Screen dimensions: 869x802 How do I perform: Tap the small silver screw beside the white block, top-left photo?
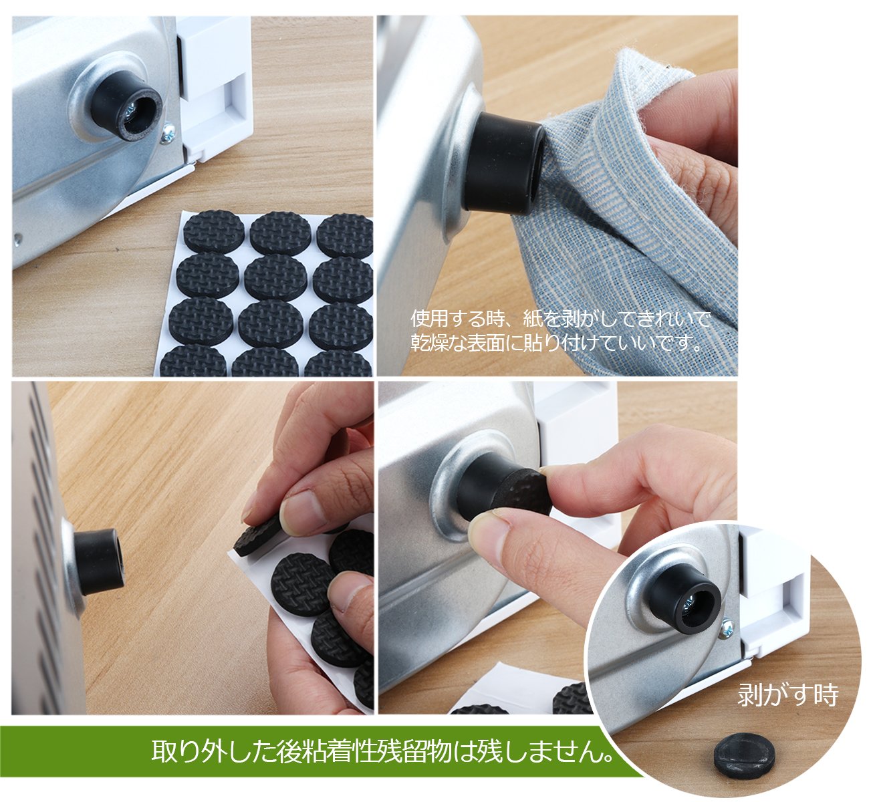[x=168, y=134]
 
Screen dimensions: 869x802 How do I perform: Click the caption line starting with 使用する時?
[x=560, y=319]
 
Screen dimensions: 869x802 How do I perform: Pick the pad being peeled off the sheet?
[x=257, y=537]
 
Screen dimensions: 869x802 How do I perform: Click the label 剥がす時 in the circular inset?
[x=787, y=695]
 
